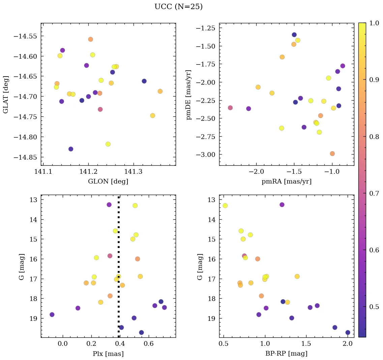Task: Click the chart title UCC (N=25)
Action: [178, 7]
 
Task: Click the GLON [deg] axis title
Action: [108, 182]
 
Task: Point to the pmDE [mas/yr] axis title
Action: [189, 94]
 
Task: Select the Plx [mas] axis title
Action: [108, 354]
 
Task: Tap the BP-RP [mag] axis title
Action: [286, 354]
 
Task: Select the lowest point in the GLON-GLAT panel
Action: [71, 149]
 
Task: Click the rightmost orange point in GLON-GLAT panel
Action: [160, 91]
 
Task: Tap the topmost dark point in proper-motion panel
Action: [294, 35]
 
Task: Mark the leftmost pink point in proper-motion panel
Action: [230, 108]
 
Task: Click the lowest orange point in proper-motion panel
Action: [332, 154]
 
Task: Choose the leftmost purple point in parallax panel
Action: [52, 315]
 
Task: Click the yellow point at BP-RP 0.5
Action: [225, 206]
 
